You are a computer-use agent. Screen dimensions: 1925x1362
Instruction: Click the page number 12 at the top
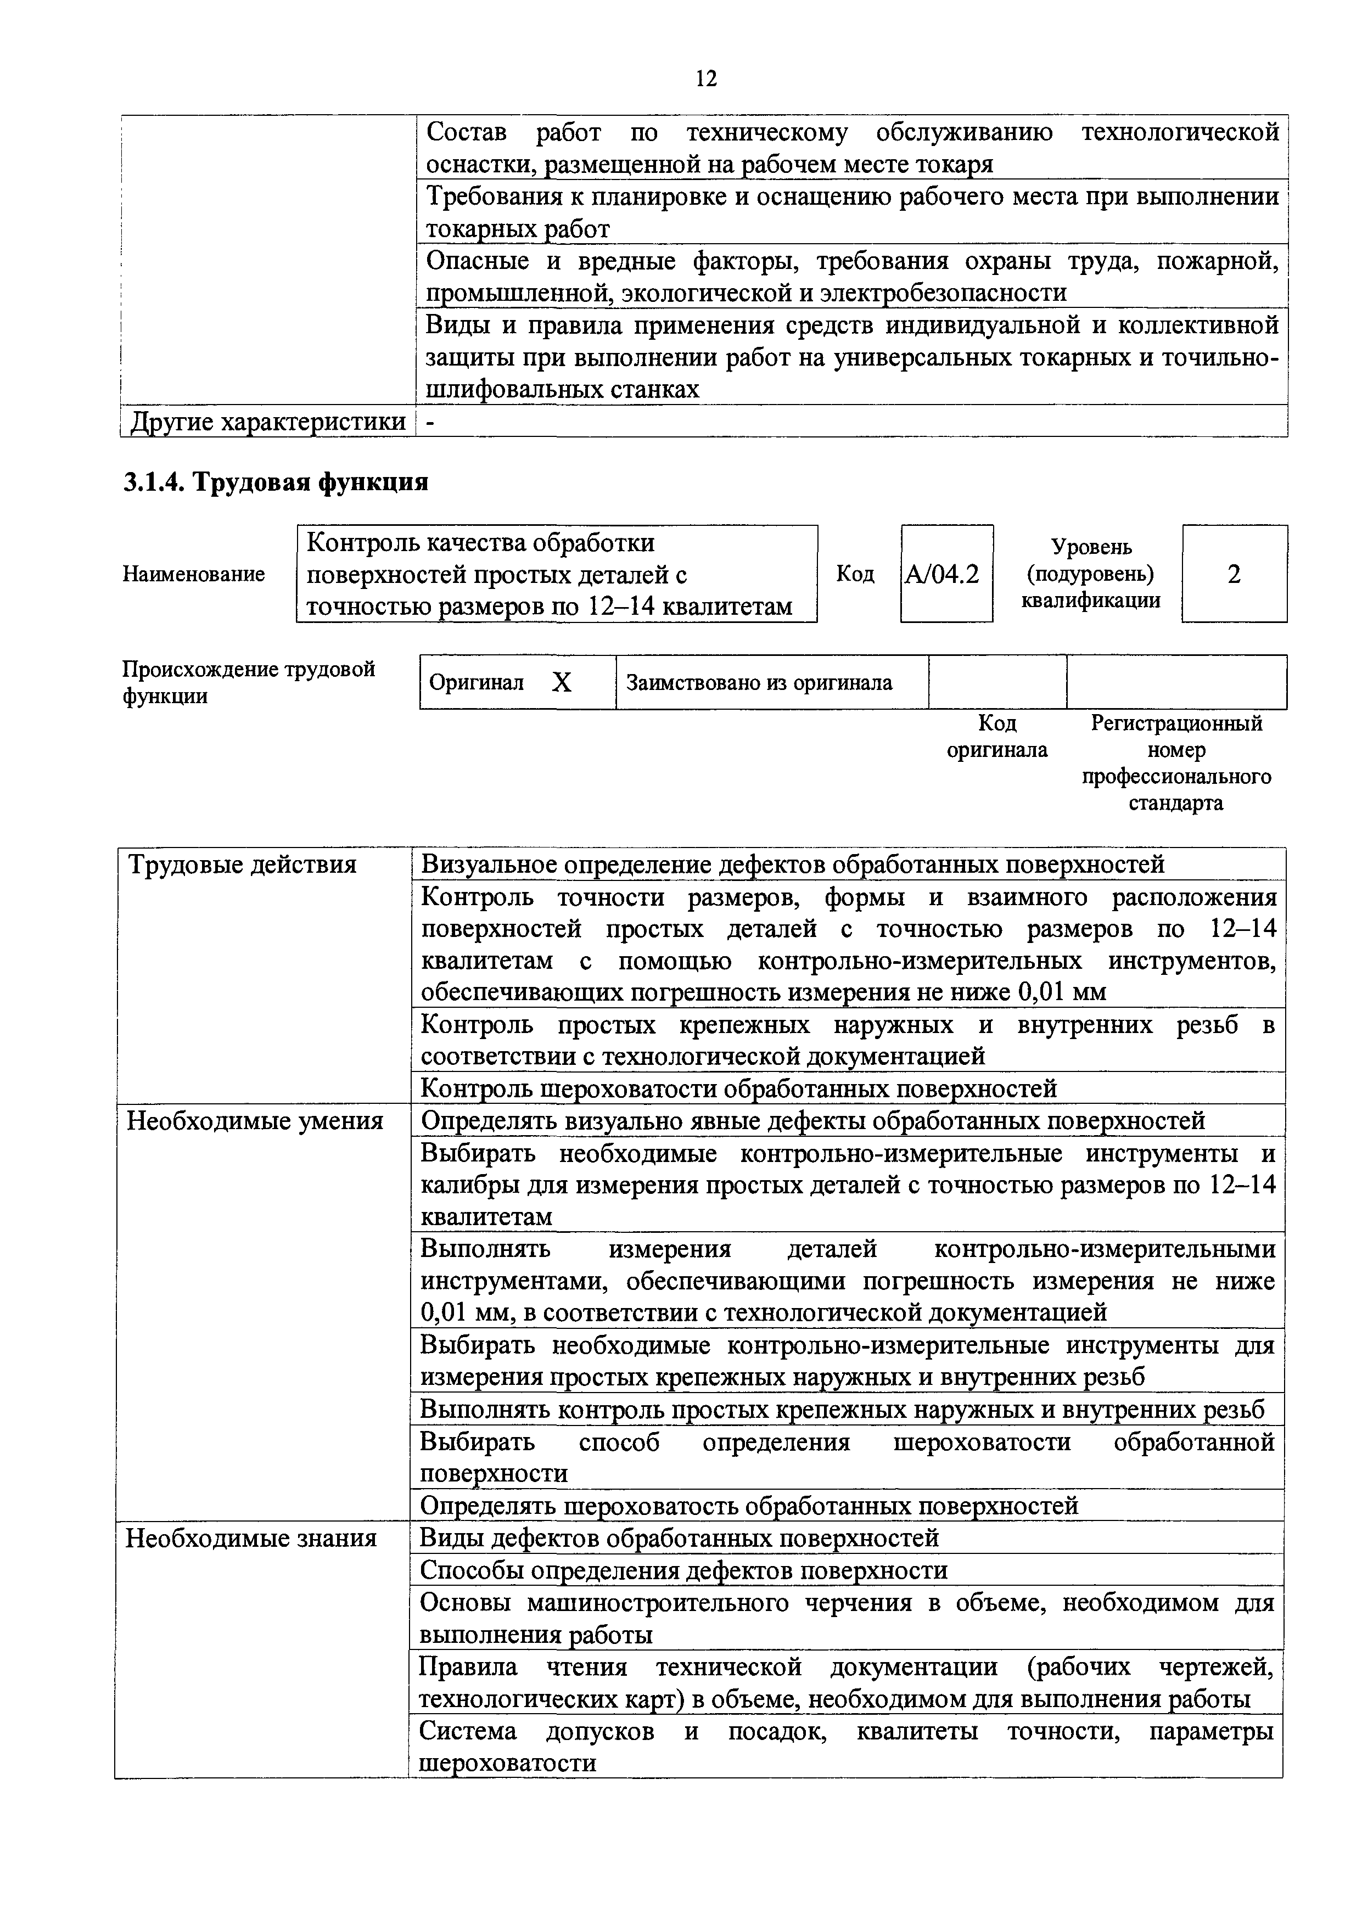coord(706,79)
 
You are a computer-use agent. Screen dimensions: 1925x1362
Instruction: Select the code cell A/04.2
coord(946,574)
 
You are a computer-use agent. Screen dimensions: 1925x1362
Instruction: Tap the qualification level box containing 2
coord(1234,574)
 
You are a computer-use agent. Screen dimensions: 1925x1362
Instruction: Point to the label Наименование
coord(194,574)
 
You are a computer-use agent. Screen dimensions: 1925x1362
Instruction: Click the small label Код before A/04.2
coord(855,574)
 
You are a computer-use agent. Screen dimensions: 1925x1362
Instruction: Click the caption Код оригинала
coord(996,736)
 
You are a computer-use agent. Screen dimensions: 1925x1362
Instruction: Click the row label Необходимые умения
coord(254,1121)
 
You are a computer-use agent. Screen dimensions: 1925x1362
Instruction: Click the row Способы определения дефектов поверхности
coord(683,1570)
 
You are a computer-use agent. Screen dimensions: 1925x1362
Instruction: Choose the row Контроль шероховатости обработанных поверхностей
coord(738,1089)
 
